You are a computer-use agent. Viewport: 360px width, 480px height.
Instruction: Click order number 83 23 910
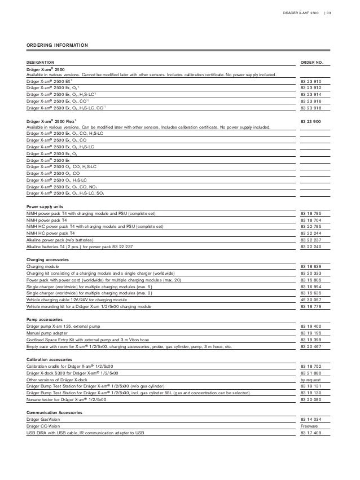click(310, 82)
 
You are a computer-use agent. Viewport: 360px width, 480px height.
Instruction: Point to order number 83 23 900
click(310, 121)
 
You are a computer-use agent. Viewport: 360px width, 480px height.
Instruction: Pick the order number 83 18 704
click(310, 220)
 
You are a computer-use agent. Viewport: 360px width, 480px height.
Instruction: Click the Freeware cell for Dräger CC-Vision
click(310, 426)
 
